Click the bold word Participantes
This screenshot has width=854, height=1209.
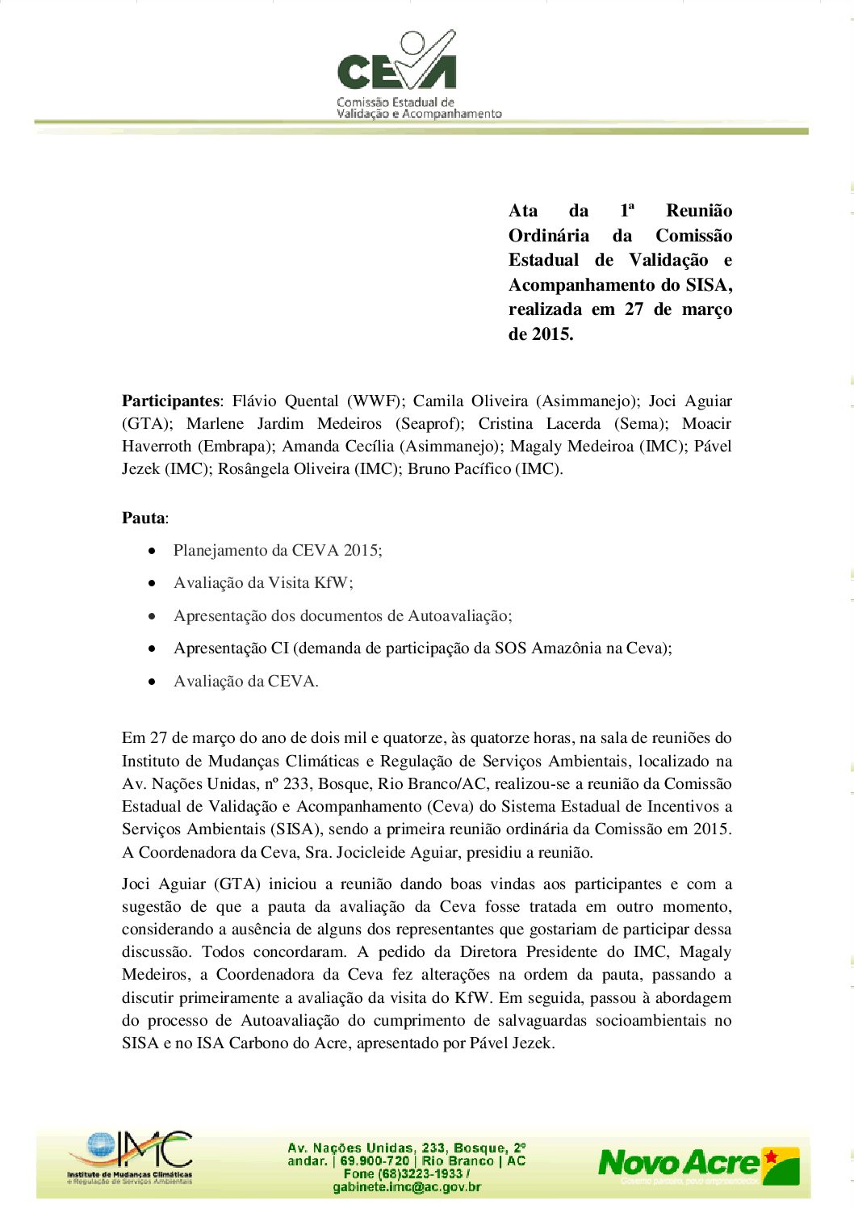pos(170,401)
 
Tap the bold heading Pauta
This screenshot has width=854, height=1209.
pos(144,518)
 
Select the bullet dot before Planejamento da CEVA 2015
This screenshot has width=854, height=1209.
pos(152,551)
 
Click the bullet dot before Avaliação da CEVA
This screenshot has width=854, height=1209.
pos(152,682)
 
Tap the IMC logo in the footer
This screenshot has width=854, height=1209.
pos(130,1157)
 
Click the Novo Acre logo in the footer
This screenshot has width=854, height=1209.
pos(698,1165)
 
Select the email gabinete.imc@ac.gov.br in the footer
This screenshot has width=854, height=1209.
pos(407,1187)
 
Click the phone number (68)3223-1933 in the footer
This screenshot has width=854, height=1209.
pos(425,1173)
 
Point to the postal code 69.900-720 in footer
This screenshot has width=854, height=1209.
pos(375,1161)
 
